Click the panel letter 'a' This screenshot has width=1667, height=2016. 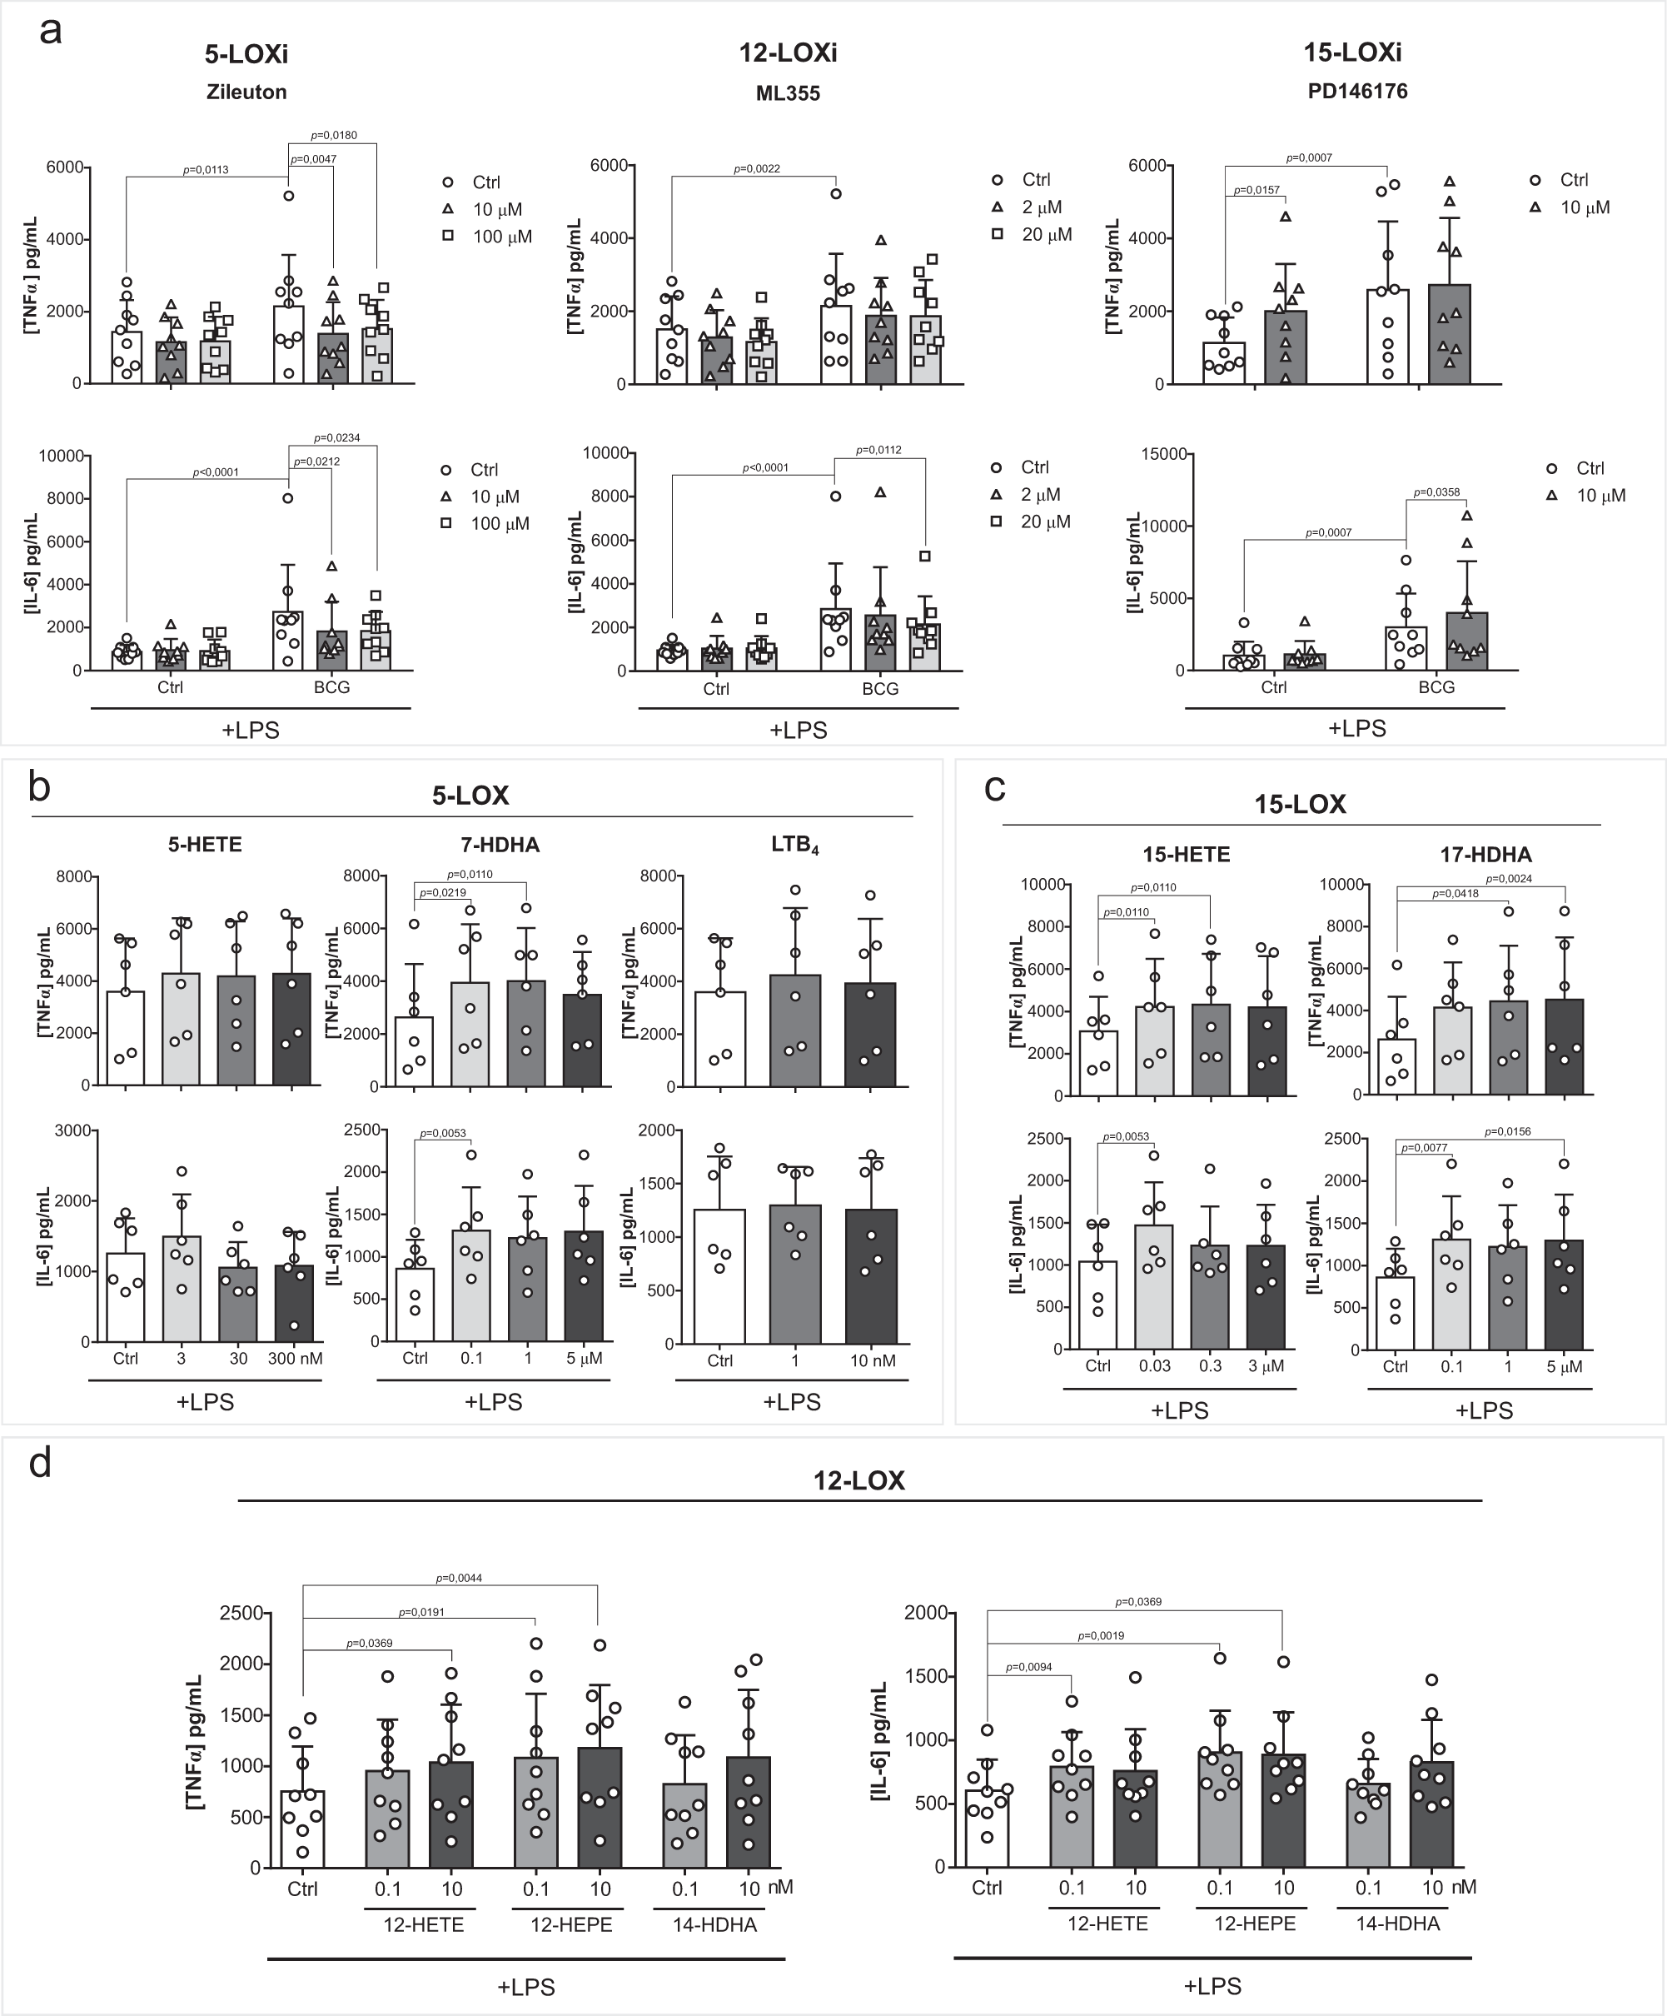(x=51, y=31)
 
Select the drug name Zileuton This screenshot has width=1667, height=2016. (x=246, y=92)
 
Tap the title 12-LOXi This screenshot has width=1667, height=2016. (x=787, y=52)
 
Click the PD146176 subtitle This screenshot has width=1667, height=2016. (x=1357, y=91)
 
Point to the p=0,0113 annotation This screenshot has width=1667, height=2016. (x=206, y=171)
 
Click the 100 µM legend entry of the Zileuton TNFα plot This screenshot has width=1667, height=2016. (x=501, y=236)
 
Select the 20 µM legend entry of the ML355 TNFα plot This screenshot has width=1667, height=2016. (x=1046, y=234)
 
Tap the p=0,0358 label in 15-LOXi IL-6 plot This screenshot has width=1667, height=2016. (x=1436, y=492)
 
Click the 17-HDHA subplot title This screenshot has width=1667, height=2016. (x=1485, y=855)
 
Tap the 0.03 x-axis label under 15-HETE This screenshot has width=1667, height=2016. (x=1155, y=1366)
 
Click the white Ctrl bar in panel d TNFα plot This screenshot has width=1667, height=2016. (x=302, y=1829)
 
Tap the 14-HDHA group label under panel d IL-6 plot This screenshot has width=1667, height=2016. (x=1397, y=1924)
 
